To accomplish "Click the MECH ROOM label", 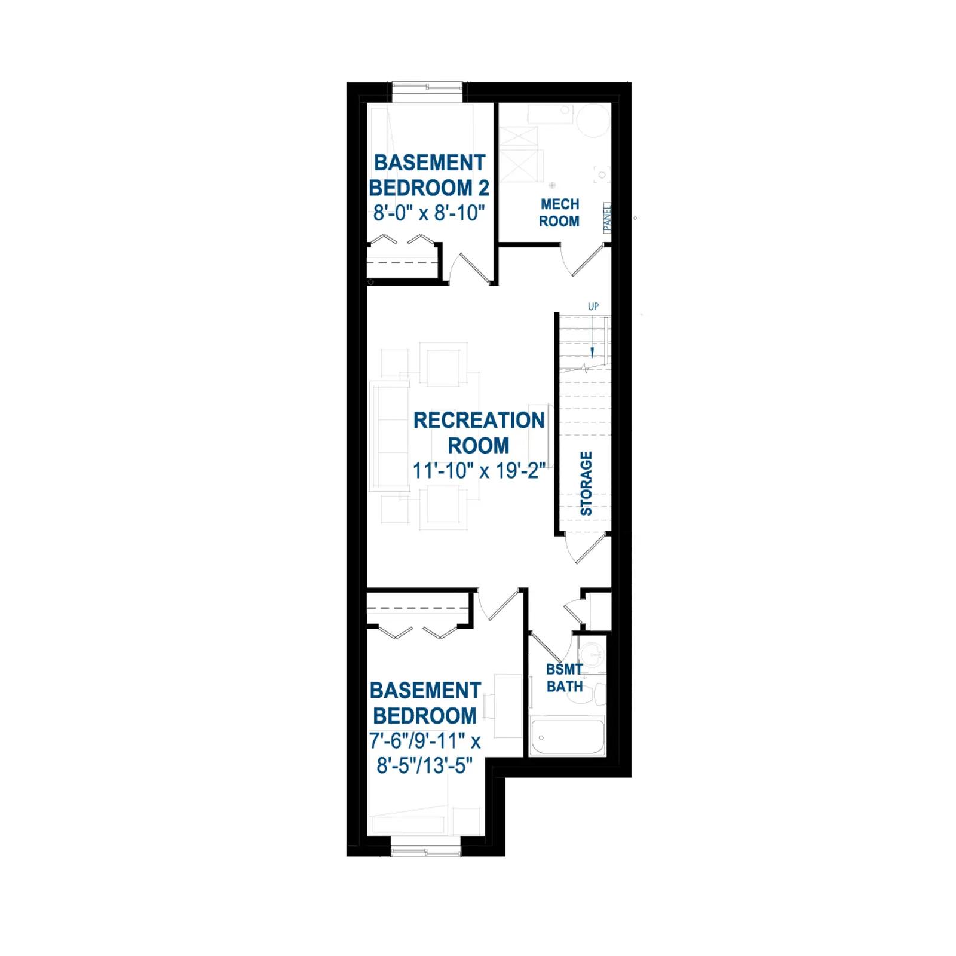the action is pyautogui.click(x=559, y=213).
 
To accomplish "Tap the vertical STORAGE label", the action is pyautogui.click(x=586, y=483).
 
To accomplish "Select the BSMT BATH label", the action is pyautogui.click(x=565, y=678).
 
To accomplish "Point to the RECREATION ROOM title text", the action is pyautogui.click(x=479, y=433).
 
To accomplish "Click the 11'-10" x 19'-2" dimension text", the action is pyautogui.click(x=479, y=471).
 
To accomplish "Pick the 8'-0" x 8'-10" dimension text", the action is pyautogui.click(x=428, y=213).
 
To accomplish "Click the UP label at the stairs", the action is pyautogui.click(x=593, y=307).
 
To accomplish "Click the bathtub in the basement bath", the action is pyautogui.click(x=568, y=738).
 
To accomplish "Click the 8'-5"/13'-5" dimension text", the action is pyautogui.click(x=425, y=765).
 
